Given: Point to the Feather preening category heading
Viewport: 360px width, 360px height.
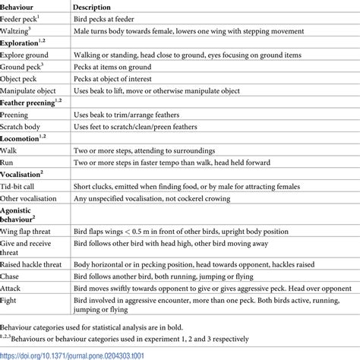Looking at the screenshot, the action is [x=31, y=103].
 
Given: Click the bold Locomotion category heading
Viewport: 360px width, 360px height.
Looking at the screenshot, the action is [x=22, y=139].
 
